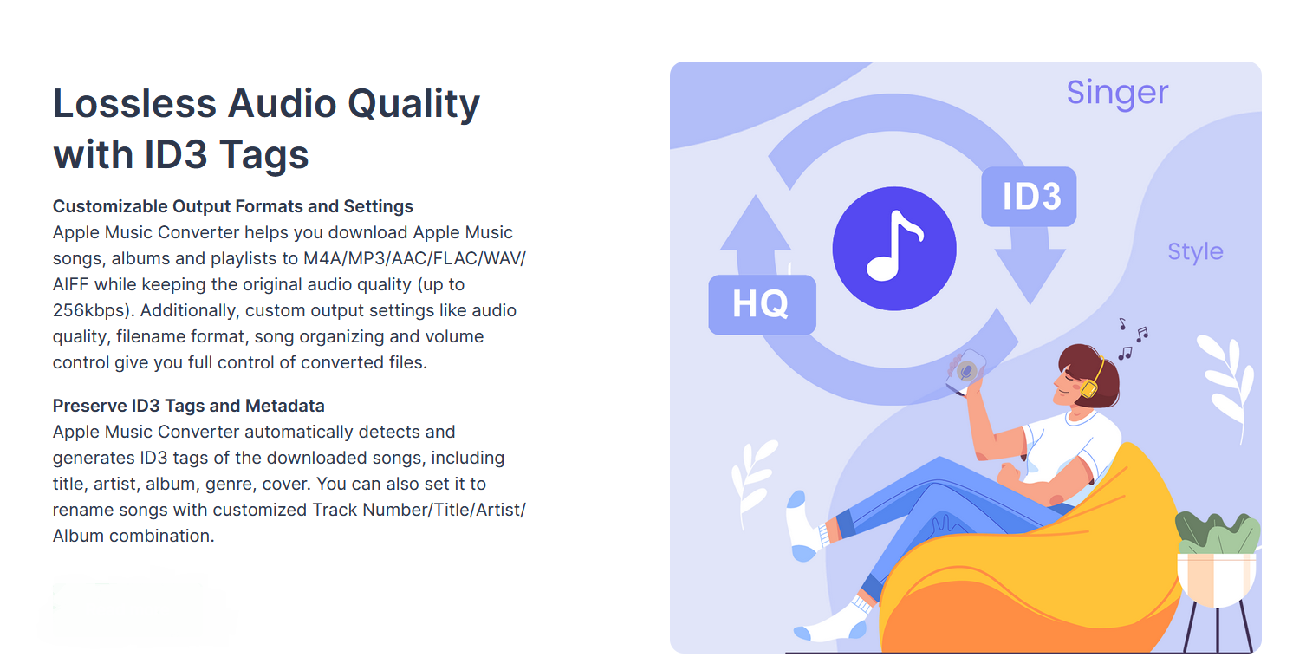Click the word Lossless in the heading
click(134, 103)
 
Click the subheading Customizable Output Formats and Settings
click(232, 206)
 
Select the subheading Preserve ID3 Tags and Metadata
click(188, 406)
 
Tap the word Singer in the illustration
click(1117, 94)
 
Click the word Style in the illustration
click(1195, 252)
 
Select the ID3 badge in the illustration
click(1029, 197)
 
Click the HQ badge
click(762, 304)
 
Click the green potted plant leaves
click(1218, 532)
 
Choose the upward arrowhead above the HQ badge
click(756, 224)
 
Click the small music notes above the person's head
click(1133, 339)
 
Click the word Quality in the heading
click(414, 104)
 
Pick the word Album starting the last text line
click(79, 536)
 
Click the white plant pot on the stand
click(1217, 580)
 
